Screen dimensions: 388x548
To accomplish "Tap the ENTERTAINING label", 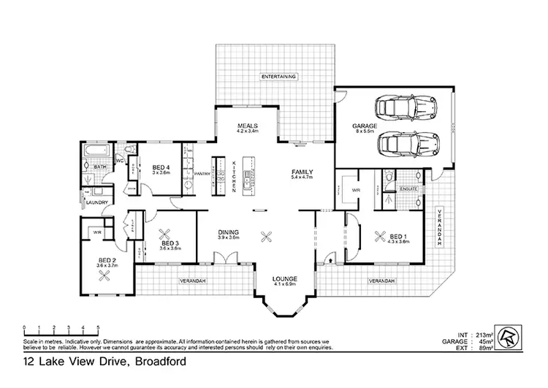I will point(279,76).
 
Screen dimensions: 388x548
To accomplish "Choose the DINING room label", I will point(229,232).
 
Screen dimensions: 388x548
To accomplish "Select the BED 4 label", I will point(161,167).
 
